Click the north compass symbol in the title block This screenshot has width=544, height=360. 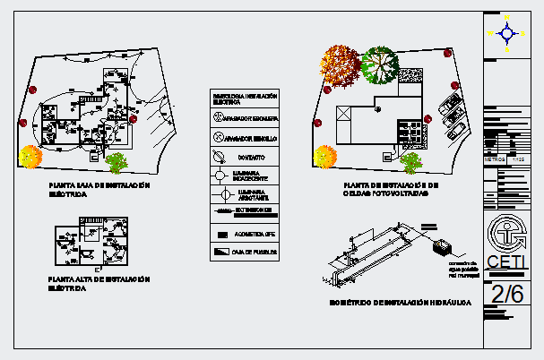(507, 34)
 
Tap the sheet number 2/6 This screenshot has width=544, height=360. (507, 292)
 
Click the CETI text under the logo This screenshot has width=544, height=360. (506, 261)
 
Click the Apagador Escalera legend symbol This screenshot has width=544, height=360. (218, 117)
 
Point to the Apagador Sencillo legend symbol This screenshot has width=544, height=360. (218, 138)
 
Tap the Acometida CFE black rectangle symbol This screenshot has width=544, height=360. (220, 233)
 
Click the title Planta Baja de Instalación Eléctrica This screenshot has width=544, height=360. (99, 188)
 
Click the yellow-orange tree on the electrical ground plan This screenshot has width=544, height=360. (30, 157)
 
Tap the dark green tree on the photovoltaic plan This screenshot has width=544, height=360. (380, 64)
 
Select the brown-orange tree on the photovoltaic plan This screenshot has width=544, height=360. (341, 62)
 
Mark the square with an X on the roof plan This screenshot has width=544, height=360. (344, 114)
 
